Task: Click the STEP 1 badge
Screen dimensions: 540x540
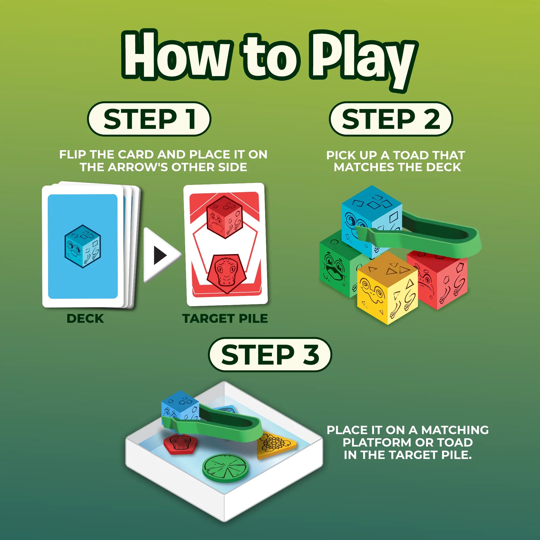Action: coord(149,119)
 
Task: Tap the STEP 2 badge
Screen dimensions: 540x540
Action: coord(391,119)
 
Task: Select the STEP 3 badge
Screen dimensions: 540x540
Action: coord(270,355)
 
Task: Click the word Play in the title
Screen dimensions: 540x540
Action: coord(363,60)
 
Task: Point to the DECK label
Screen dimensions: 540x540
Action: coord(85,318)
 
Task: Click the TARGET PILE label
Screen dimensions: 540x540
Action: coord(225,318)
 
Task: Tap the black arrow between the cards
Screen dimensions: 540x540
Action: coord(160,255)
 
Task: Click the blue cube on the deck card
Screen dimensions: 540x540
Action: coord(82,246)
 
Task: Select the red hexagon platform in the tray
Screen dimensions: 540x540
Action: coord(180,444)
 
